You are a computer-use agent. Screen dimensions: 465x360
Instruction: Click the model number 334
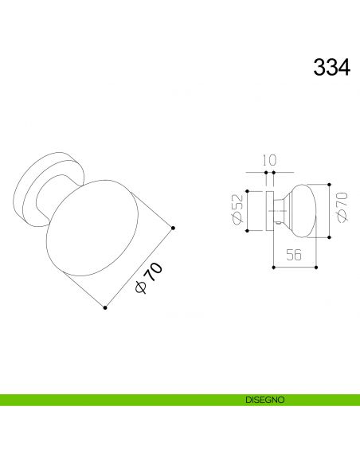coord(329,67)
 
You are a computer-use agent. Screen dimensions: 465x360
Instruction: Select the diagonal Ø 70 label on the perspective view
coord(149,277)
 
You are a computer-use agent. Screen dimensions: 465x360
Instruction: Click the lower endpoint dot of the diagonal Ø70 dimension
coord(105,308)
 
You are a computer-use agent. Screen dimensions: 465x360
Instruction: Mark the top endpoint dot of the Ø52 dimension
coord(248,191)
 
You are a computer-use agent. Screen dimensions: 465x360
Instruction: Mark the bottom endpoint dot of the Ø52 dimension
coord(248,231)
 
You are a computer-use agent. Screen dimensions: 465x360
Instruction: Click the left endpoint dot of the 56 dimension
coord(273,268)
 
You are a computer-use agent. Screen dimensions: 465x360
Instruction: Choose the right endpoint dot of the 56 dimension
coord(318,268)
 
